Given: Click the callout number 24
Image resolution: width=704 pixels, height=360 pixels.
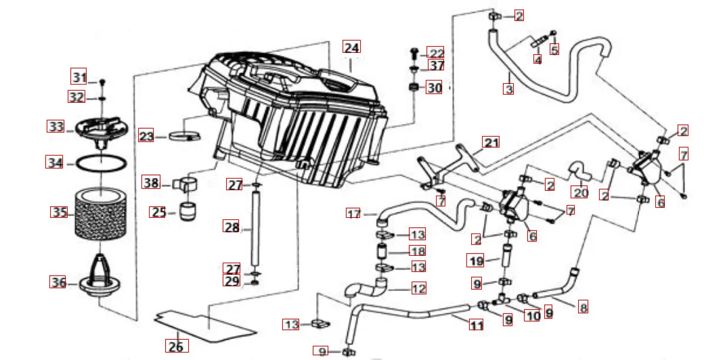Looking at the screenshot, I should (x=351, y=47).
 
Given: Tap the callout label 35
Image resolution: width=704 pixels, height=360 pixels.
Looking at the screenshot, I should (x=59, y=212).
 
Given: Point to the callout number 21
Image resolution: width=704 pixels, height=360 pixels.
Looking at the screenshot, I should (x=491, y=142).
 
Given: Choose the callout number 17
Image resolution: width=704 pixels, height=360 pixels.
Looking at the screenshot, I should (x=353, y=214).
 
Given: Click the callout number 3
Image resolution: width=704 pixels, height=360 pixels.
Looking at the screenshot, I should (x=508, y=88).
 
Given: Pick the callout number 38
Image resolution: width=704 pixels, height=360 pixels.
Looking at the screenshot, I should (x=151, y=182).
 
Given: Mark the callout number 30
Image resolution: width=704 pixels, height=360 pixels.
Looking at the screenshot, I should (x=434, y=87).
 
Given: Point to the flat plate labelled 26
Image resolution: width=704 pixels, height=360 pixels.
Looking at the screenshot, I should (x=206, y=326).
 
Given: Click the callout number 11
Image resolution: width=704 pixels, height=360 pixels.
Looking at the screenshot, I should (x=477, y=325).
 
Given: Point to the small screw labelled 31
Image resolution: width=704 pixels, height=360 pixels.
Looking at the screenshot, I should (x=102, y=81).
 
